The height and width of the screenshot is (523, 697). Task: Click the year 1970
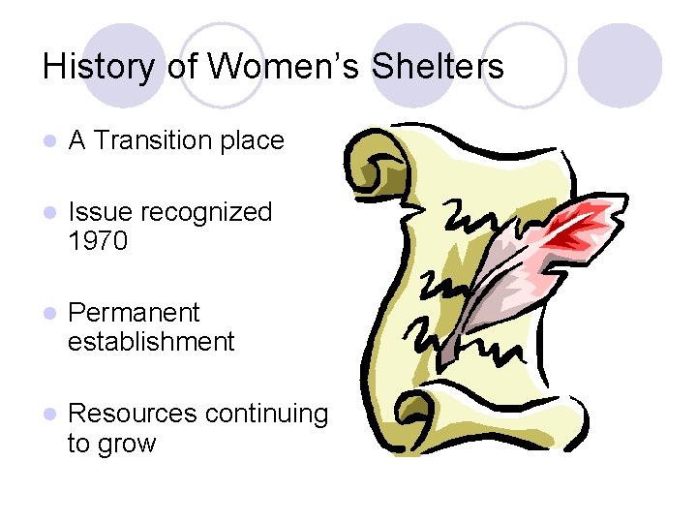pos(98,241)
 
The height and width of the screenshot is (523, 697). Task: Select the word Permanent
pos(134,313)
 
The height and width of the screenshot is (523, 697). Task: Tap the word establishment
pos(151,342)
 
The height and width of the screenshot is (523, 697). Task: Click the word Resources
pos(130,414)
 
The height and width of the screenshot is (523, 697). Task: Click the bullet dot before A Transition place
pos(49,141)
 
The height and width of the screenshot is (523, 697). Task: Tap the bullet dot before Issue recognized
pos(49,213)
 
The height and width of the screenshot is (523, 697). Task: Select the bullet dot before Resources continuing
pos(49,415)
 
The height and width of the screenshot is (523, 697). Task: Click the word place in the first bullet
pos(253,140)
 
